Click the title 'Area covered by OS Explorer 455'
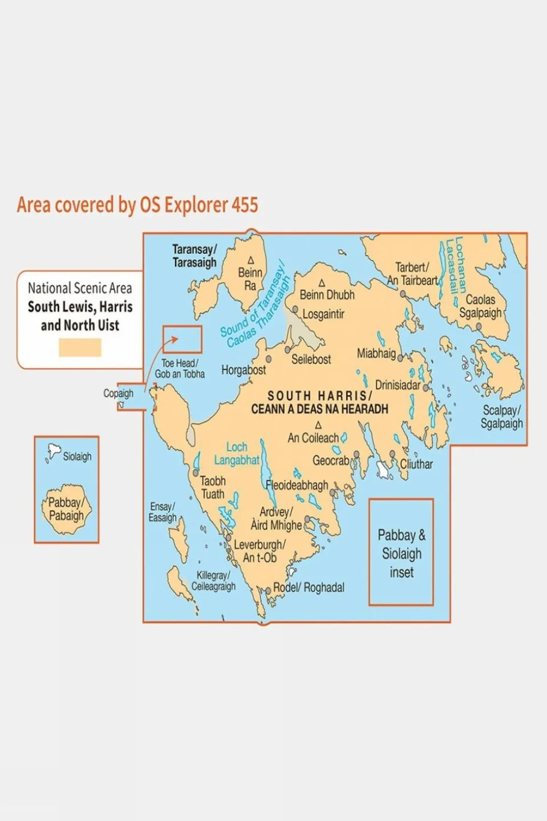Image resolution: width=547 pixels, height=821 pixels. (137, 205)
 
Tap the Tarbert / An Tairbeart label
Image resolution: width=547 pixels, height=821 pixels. (412, 274)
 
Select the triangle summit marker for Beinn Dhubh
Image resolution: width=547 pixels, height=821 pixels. (322, 283)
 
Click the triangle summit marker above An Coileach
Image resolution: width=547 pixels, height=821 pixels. (318, 425)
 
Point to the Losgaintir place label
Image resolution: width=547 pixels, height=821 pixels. (323, 314)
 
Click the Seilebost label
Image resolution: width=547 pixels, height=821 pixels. (311, 359)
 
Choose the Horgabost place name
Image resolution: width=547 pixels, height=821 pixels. (244, 370)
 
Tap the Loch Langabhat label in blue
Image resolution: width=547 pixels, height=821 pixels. (237, 454)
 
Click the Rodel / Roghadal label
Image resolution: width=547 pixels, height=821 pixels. (309, 587)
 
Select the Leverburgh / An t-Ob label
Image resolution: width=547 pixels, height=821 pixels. (260, 551)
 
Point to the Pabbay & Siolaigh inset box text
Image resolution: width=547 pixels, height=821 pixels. (402, 553)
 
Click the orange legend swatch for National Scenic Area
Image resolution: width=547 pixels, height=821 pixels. (80, 347)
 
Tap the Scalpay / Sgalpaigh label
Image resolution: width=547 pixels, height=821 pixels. (501, 417)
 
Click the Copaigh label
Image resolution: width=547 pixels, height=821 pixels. (118, 393)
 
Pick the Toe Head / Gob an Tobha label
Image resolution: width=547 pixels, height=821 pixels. (180, 369)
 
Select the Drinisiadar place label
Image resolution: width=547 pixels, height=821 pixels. (398, 385)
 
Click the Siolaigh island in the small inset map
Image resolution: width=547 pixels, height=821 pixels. (54, 451)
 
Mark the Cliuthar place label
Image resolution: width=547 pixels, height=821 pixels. (416, 464)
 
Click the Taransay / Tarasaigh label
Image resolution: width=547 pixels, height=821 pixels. (195, 256)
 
